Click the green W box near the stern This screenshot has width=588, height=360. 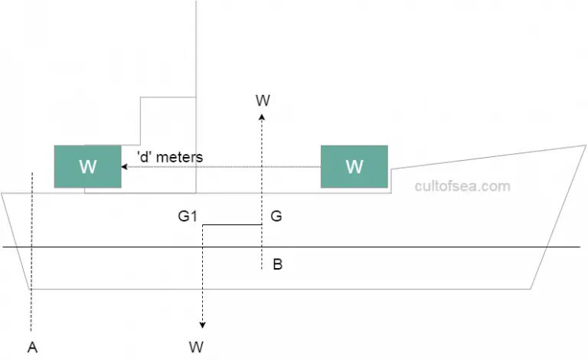87,166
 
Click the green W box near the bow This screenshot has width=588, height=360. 354,166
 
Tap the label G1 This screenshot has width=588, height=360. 188,217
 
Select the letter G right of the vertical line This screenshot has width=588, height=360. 276,217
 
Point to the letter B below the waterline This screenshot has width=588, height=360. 278,266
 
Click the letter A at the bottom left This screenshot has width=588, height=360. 32,347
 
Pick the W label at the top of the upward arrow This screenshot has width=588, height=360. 263,100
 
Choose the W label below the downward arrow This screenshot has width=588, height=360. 196,347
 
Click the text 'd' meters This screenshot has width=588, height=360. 170,157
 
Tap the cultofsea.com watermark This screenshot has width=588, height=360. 462,186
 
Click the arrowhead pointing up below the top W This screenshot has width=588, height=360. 262,116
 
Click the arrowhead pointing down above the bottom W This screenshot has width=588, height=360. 203,322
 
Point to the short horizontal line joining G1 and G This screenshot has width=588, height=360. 233,224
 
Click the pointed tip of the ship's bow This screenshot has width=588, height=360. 585,146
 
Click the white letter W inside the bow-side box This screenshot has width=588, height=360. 354,166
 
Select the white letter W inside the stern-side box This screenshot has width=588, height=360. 87,166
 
